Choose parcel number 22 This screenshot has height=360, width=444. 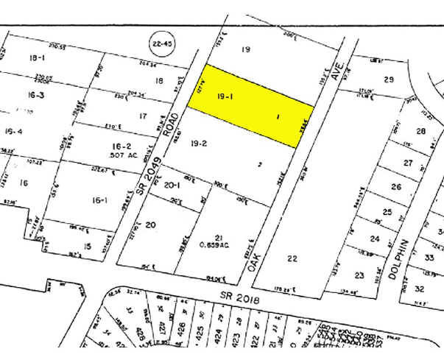[x=292, y=258]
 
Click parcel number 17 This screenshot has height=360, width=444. [x=143, y=116]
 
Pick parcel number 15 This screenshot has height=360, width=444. [x=88, y=247]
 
